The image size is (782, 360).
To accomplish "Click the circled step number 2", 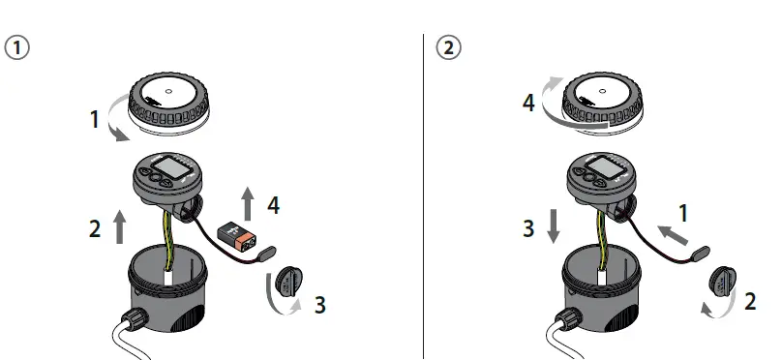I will [449, 47].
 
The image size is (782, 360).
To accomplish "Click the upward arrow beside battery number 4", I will [248, 204].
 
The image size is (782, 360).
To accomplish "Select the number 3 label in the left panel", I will [320, 307].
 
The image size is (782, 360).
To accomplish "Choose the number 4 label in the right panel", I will [528, 102].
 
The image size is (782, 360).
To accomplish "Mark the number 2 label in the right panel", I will [749, 301].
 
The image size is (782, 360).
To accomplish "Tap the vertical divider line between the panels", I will [425, 194].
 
